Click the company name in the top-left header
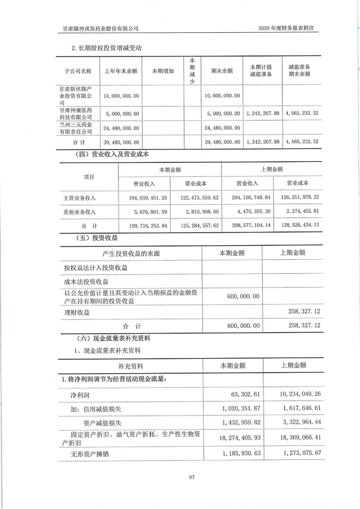tap(100, 28)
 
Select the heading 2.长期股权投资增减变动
tap(108, 48)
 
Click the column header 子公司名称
tap(78, 71)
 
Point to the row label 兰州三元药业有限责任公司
tap(78, 128)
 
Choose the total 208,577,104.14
tap(247, 225)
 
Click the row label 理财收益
tap(77, 313)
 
